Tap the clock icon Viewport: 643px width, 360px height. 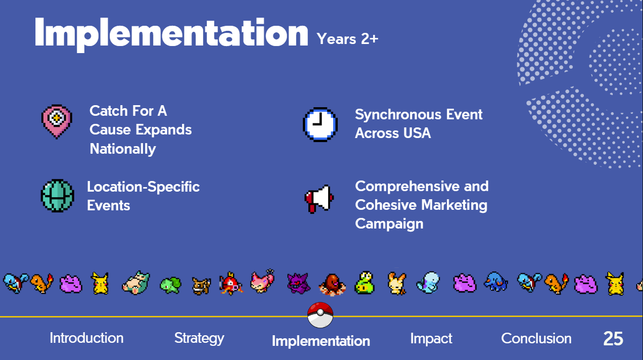320,124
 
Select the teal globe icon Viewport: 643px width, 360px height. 58,196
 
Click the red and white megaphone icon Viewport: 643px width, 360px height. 319,199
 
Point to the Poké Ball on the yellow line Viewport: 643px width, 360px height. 320,315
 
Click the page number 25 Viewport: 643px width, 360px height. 613,339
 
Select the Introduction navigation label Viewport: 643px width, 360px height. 86,338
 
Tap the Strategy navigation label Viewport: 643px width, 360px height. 199,339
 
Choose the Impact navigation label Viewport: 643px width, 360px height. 431,339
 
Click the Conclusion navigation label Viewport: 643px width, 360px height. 536,338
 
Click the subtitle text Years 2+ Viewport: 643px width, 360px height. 347,39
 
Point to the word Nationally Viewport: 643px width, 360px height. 123,149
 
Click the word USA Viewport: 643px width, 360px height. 417,133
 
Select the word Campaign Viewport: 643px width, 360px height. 389,223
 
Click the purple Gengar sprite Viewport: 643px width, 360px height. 298,283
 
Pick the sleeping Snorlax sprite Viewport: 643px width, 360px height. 136,283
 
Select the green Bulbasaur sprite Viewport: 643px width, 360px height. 170,285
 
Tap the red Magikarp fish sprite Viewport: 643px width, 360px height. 231,283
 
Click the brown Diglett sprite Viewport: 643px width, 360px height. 333,285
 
